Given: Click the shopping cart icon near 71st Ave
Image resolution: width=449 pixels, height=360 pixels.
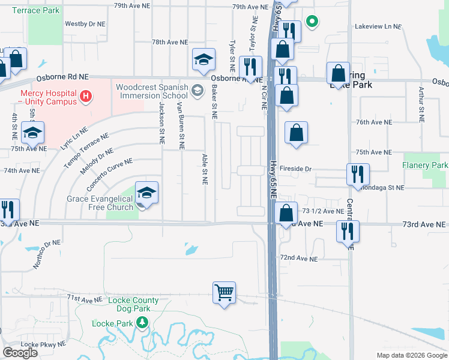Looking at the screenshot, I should [224, 293].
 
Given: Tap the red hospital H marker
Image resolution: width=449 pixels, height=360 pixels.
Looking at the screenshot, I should [86, 95].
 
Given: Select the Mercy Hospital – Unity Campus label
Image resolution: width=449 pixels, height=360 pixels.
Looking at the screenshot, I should [49, 98].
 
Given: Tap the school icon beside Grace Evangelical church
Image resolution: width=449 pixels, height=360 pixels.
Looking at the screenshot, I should [146, 193].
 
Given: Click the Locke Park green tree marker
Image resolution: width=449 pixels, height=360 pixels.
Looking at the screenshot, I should [142, 323].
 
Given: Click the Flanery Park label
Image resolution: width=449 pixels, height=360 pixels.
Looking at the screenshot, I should [426, 165].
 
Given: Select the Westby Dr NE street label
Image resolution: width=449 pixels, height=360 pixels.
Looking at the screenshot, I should [85, 25].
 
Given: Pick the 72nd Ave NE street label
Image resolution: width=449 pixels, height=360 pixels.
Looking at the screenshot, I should [298, 258].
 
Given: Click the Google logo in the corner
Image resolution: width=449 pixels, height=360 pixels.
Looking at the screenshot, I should [20, 353].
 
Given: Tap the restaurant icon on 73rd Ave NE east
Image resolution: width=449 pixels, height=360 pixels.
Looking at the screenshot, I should [347, 232].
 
